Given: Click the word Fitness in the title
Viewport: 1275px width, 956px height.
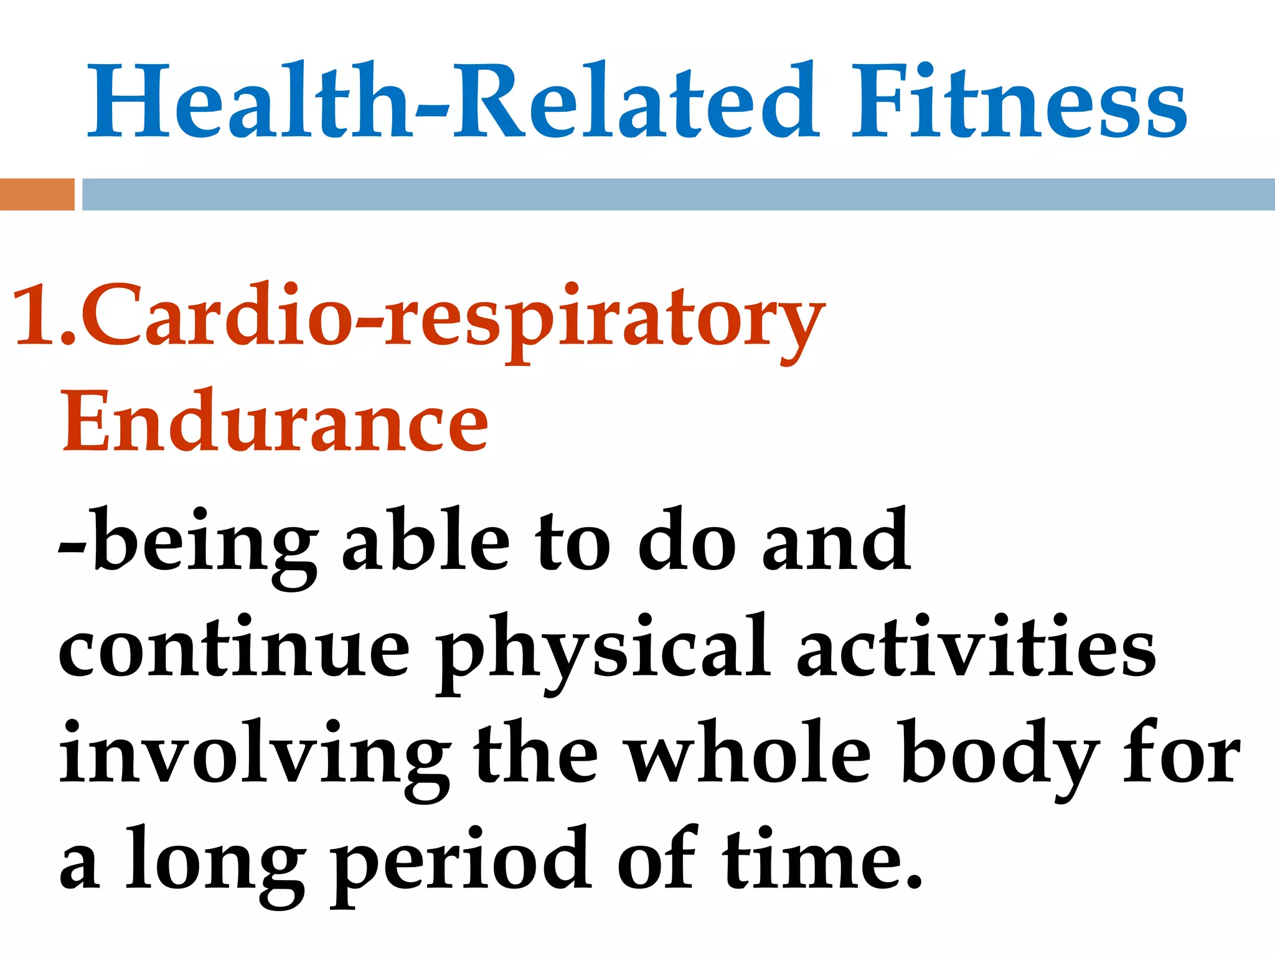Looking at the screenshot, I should point(1019,103).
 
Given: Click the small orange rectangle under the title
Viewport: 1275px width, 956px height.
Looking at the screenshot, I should point(37,194).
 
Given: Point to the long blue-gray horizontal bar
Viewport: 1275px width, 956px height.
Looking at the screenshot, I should point(677,194).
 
